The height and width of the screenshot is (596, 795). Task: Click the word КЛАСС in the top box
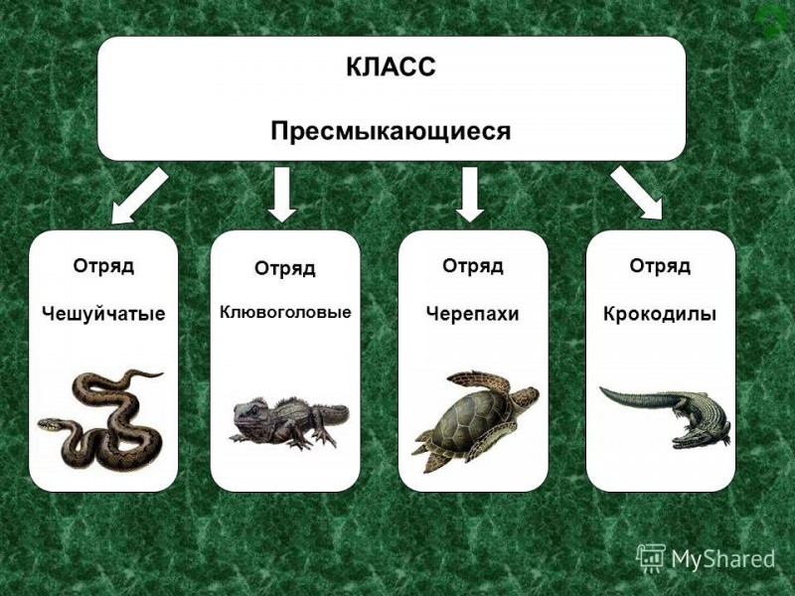[x=391, y=67]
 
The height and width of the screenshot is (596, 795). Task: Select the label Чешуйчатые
[x=103, y=314]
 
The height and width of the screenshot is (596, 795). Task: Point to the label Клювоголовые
[x=285, y=312]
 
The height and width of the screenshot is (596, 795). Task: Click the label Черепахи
[x=473, y=314]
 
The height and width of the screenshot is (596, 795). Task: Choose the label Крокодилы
[x=660, y=314]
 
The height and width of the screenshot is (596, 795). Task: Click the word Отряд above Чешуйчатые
[x=103, y=266]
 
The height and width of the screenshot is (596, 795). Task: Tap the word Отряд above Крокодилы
[x=660, y=266]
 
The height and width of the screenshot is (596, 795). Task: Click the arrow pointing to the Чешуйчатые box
[x=139, y=197]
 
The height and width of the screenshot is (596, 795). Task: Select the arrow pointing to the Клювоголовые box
[x=282, y=195]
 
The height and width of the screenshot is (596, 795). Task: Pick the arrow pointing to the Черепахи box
[x=470, y=195]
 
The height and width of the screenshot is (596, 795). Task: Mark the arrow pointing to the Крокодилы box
[x=637, y=194]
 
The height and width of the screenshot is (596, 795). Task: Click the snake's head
[x=48, y=425]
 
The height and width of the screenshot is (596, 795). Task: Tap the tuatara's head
[x=249, y=414]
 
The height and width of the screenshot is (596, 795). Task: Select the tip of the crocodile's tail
[x=601, y=388]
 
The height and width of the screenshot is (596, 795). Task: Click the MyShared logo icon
[x=651, y=558]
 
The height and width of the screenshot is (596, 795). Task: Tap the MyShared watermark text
[x=723, y=559]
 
